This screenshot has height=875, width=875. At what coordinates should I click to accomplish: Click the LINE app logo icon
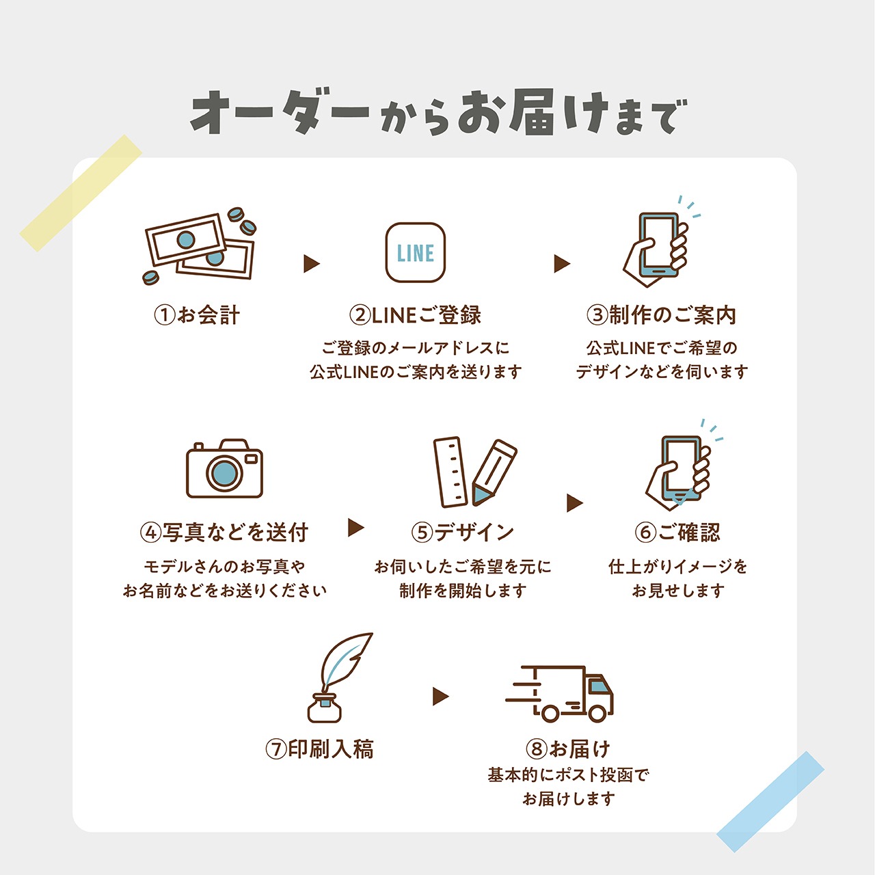(415, 252)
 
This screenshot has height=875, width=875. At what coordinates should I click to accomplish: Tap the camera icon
(224, 468)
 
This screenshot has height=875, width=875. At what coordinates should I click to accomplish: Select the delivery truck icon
(559, 693)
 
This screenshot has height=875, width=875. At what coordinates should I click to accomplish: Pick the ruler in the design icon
(450, 472)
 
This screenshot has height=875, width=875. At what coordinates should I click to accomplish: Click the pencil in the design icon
(494, 472)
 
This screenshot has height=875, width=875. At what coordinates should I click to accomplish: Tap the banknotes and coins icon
(200, 246)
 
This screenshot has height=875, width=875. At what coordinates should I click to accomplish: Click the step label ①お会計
(197, 314)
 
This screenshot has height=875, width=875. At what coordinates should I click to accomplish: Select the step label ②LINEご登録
(415, 314)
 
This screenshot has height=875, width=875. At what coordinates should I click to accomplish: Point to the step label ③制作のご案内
(661, 314)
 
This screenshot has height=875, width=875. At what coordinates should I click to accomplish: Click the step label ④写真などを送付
(224, 532)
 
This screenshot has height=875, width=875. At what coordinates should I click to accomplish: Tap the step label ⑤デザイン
(462, 532)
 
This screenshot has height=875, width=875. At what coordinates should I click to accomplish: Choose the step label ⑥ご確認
(677, 532)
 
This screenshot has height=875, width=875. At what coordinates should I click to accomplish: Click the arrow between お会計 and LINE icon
(311, 263)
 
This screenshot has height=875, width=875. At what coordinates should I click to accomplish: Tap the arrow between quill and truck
(440, 696)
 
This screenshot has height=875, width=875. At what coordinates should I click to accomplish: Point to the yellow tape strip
(81, 193)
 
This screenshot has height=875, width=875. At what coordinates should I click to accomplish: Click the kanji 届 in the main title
(530, 113)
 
